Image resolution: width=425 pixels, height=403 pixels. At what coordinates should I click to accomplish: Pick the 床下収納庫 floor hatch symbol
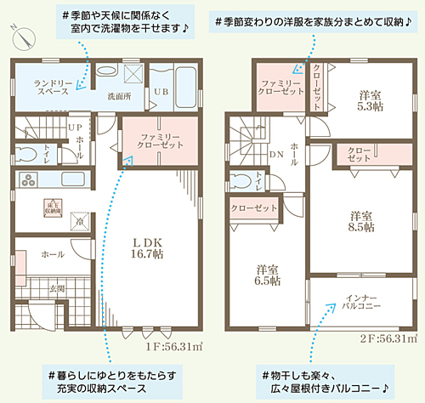click(51, 204)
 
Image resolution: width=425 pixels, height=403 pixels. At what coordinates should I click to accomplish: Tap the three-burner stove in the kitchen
click(27, 179)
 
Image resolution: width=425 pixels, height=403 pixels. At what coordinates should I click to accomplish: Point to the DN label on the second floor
click(275, 156)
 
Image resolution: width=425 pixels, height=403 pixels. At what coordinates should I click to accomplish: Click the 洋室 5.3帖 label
click(367, 101)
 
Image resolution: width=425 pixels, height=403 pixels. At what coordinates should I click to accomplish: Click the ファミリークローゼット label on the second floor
click(278, 88)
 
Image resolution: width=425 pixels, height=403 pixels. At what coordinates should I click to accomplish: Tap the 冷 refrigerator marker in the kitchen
click(78, 220)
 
